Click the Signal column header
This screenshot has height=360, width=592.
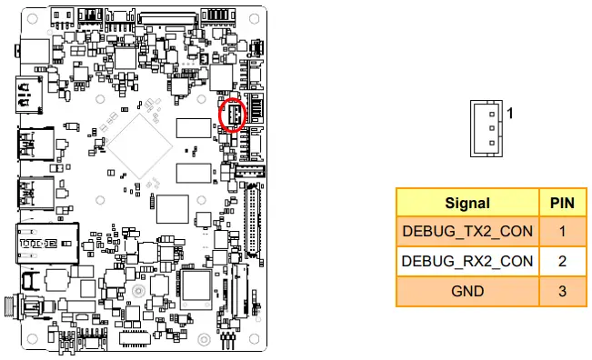click(x=467, y=203)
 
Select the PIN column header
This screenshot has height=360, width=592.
click(x=562, y=203)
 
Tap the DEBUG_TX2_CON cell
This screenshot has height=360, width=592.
click(x=467, y=232)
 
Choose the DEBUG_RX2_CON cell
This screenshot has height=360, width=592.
click(x=467, y=261)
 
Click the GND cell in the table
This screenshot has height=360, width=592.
click(x=467, y=291)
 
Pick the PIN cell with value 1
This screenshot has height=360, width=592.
click(x=562, y=232)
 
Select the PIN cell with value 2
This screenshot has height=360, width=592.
click(x=562, y=261)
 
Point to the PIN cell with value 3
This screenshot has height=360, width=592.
click(x=562, y=291)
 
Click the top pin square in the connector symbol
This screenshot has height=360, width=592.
click(x=492, y=114)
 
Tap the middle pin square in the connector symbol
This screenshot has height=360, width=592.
click(x=492, y=128)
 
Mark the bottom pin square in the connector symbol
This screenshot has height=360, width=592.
click(x=492, y=143)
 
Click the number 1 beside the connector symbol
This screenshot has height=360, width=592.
click(x=511, y=114)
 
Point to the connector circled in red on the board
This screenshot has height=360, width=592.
click(x=233, y=115)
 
